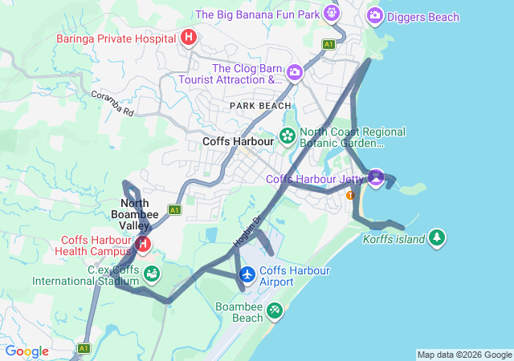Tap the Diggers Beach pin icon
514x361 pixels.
(374, 15)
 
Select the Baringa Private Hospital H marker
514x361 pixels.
(189, 37)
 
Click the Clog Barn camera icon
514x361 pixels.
(295, 73)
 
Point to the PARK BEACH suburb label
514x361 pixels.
(260, 106)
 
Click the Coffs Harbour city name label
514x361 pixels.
(239, 141)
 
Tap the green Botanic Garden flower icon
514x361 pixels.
(287, 137)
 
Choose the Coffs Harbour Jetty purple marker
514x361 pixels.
(375, 176)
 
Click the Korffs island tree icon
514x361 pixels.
(436, 237)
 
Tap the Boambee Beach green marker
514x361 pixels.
(275, 310)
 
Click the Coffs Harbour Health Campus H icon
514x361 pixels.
(143, 243)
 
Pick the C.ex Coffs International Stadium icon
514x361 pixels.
(150, 275)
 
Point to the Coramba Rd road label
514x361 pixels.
(112, 103)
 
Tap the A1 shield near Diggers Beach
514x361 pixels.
(328, 44)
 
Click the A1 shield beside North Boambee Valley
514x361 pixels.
(174, 210)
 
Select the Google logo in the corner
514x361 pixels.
(27, 351)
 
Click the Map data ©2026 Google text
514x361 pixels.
(463, 355)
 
